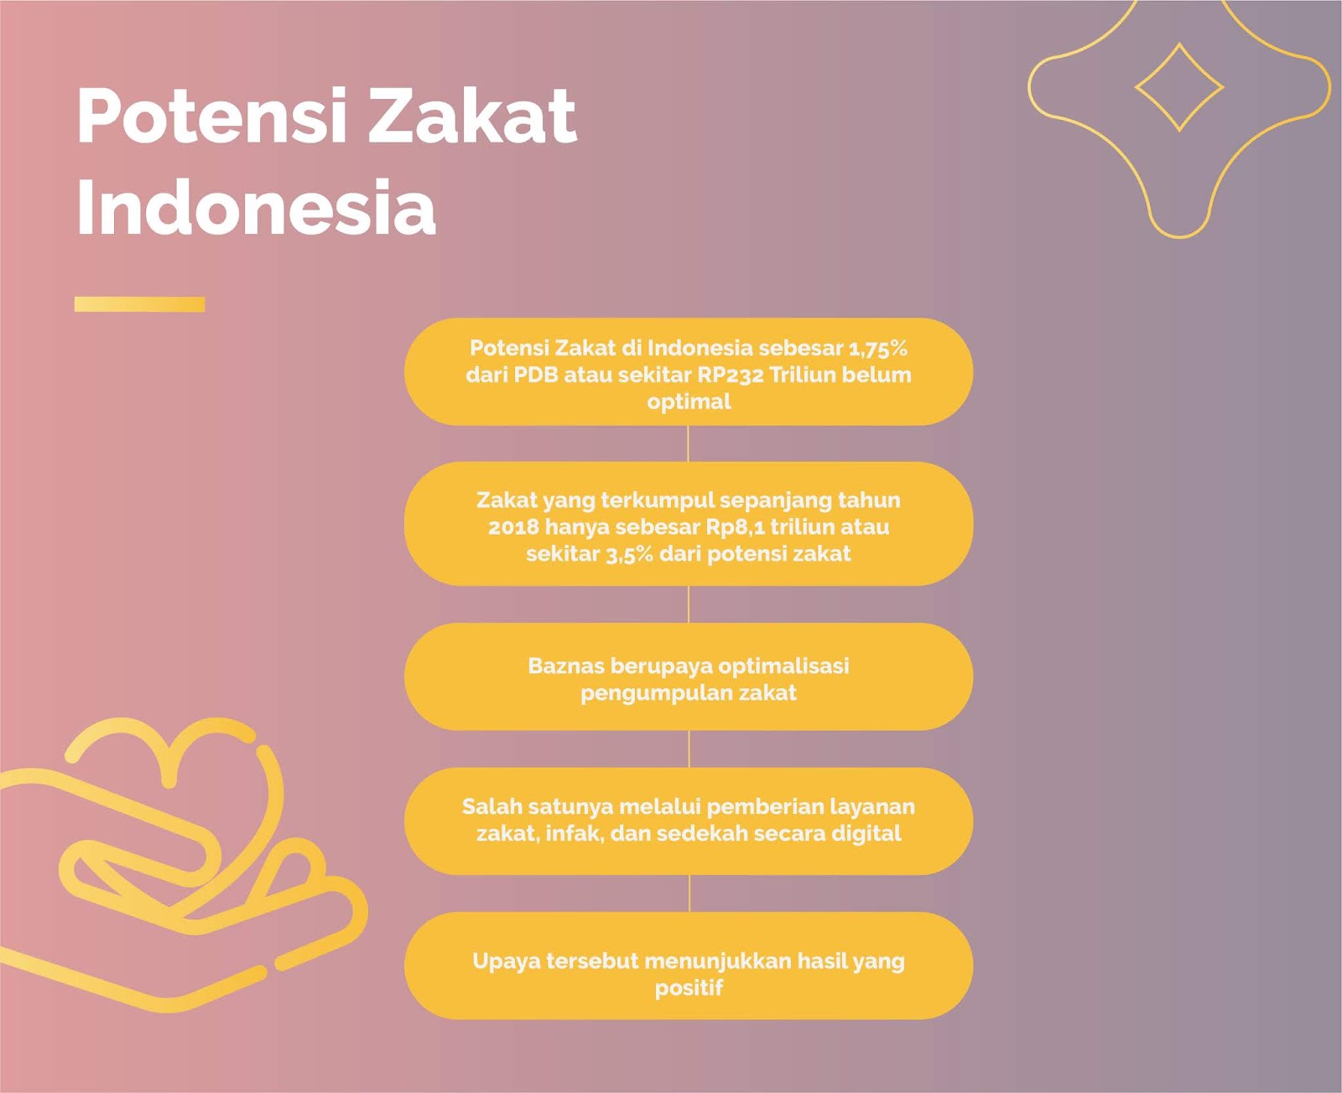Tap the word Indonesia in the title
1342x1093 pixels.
pos(256,206)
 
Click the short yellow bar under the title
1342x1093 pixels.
pos(139,304)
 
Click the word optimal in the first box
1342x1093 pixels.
pos(689,402)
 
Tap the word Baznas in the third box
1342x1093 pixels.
pos(565,666)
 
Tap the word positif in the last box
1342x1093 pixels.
pos(689,988)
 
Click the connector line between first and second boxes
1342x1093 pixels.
pos(688,444)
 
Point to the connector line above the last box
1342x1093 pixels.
pos(689,894)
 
